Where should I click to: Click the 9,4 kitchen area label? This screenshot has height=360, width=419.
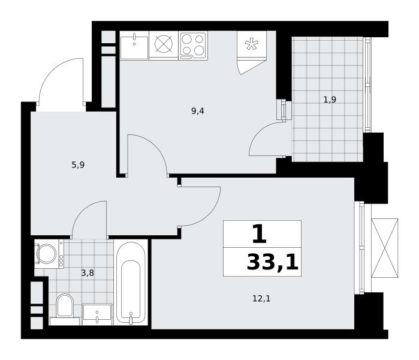tap(198, 111)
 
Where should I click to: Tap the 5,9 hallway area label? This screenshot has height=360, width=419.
tap(78, 165)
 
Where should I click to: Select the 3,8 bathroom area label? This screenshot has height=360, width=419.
tap(88, 273)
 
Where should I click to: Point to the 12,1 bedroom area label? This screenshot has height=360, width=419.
tap(261, 298)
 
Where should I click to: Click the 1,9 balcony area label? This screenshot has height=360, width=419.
tap(330, 100)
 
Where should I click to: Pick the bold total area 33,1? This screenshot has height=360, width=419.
tap(272, 262)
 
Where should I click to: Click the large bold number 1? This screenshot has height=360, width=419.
tap(260, 234)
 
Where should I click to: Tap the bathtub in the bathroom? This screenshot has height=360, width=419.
tap(131, 283)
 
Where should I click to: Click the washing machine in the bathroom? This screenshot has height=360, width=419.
tap(49, 254)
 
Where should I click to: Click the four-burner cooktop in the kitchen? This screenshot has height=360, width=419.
tap(193, 45)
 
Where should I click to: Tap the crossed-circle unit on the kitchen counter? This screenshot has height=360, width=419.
tap(164, 44)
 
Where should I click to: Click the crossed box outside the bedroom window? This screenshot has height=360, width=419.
tap(384, 248)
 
